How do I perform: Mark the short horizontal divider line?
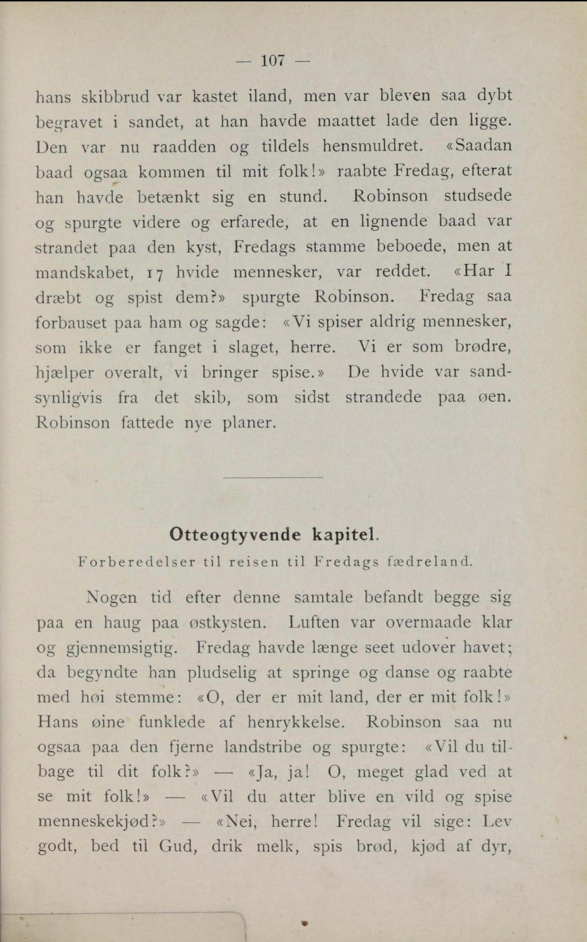pyautogui.click(x=273, y=477)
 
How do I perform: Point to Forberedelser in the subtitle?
pyautogui.click(x=136, y=562)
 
